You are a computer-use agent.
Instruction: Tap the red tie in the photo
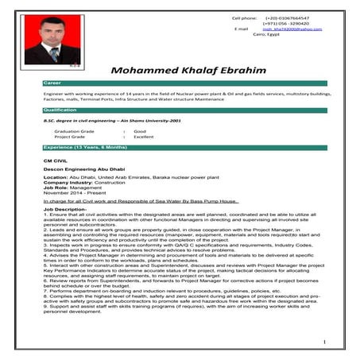coord(54,55)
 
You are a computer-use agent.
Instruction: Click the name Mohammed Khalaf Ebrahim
coord(188,70)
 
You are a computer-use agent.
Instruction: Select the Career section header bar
coord(184,83)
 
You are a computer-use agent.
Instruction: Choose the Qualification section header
coord(184,110)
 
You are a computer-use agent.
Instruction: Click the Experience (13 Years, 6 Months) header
coord(184,148)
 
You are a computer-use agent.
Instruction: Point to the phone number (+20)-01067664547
coord(287,17)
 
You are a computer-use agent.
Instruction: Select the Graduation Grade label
coord(74,130)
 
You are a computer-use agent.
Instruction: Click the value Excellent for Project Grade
coord(143,136)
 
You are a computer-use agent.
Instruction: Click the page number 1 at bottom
coord(325,342)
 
